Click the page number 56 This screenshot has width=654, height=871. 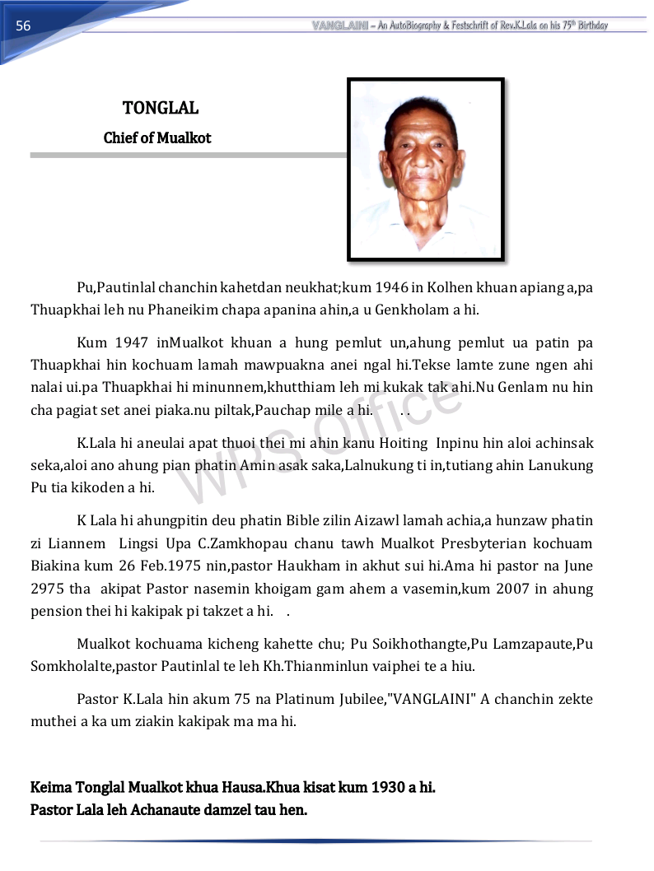pyautogui.click(x=23, y=26)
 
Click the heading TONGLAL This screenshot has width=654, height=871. pyautogui.click(x=161, y=108)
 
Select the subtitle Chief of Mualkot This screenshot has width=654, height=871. pyautogui.click(x=157, y=138)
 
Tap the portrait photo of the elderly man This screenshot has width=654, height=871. pyautogui.click(x=425, y=169)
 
